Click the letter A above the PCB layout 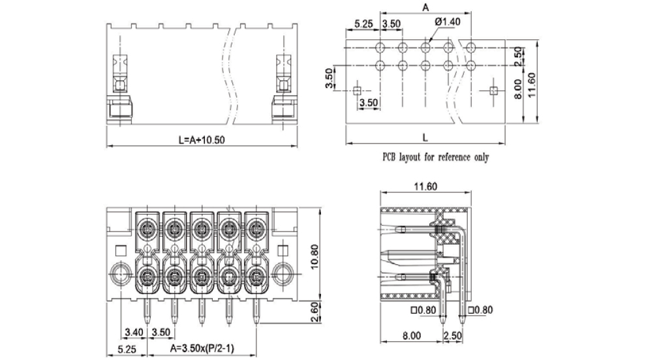(x=425, y=8)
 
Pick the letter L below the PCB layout (x=425, y=138)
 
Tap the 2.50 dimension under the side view (x=453, y=335)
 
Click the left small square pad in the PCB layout (x=356, y=90)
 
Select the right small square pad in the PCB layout (x=493, y=90)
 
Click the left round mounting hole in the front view (x=119, y=271)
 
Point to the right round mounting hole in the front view (x=283, y=271)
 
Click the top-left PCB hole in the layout (x=380, y=47)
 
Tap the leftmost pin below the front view (x=147, y=312)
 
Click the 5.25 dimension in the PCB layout (x=363, y=23)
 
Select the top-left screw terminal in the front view (x=147, y=229)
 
